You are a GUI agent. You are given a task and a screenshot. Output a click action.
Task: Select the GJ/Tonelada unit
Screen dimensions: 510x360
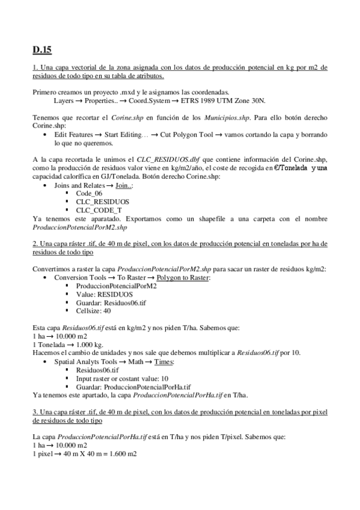(120, 176)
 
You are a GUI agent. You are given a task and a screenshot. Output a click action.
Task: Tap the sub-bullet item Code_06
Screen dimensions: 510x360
(88, 194)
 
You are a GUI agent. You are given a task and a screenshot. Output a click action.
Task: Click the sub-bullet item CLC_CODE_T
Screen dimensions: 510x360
(99, 210)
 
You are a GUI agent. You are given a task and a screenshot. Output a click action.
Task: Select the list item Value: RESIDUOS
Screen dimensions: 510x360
(105, 295)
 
